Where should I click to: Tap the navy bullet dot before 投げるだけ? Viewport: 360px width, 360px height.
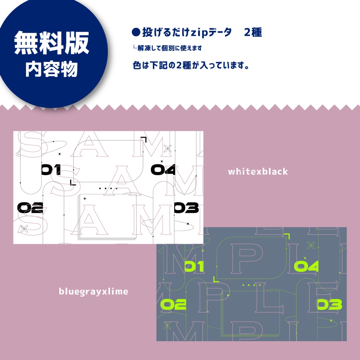[x=136, y=33]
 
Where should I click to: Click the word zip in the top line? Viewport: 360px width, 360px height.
[x=199, y=33]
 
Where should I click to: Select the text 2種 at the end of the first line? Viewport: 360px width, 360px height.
[x=253, y=33]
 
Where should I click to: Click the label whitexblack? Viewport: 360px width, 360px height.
[x=258, y=172]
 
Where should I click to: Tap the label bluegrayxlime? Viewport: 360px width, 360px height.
[x=94, y=291]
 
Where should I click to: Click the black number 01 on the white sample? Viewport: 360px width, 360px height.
[x=51, y=170]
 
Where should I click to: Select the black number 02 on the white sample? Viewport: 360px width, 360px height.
[x=30, y=208]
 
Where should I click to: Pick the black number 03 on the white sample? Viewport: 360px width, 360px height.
[x=186, y=208]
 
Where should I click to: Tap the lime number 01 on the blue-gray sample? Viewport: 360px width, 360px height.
[x=194, y=267]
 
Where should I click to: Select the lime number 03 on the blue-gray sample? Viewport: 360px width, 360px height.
[x=329, y=304]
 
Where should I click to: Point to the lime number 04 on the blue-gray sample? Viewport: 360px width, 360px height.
[x=306, y=267]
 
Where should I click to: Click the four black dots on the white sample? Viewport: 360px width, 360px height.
[x=108, y=188]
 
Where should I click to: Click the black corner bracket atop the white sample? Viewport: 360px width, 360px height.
[x=144, y=139]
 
